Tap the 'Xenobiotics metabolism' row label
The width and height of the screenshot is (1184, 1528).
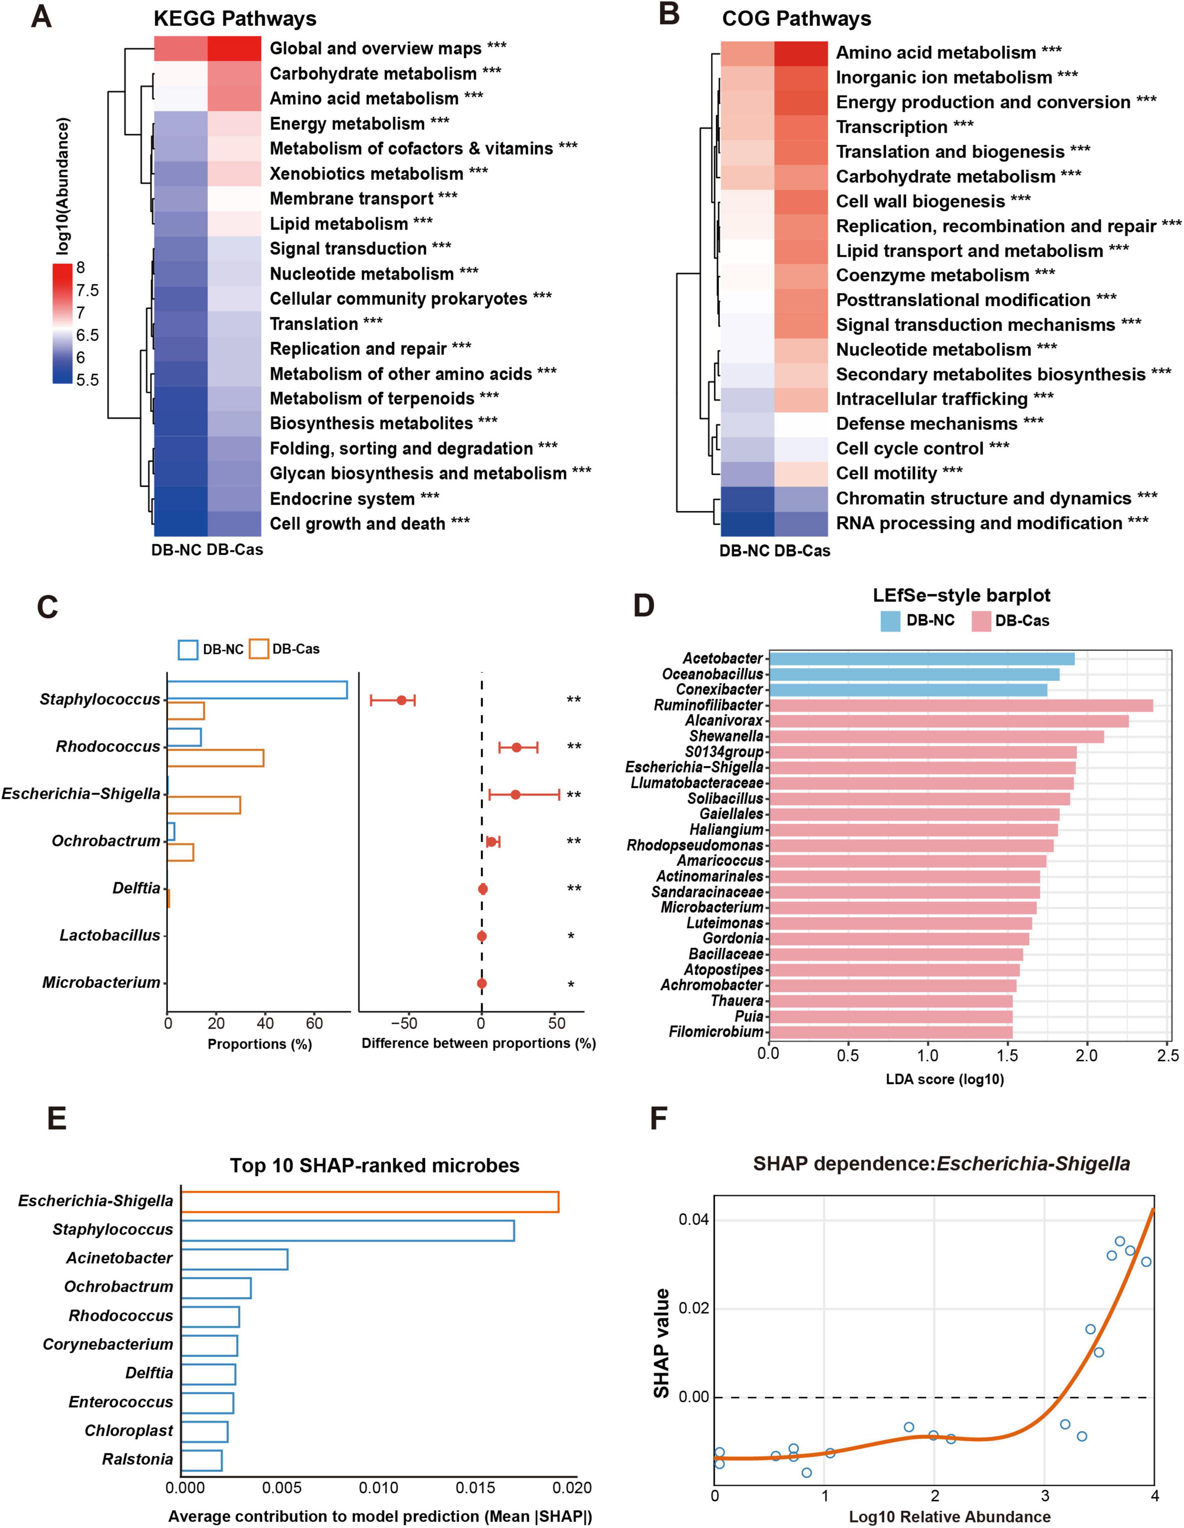(x=366, y=173)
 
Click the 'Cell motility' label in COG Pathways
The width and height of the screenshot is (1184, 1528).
(x=886, y=474)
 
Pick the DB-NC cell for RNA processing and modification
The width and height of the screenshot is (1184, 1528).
(x=747, y=523)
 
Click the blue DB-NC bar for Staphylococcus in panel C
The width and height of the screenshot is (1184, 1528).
(x=257, y=690)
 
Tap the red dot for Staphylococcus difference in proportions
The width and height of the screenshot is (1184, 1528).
(x=402, y=700)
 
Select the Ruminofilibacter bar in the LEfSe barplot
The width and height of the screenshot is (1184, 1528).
(x=960, y=705)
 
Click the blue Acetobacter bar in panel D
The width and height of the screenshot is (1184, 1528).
(x=921, y=658)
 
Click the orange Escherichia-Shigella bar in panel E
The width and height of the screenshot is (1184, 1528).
(x=369, y=1201)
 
